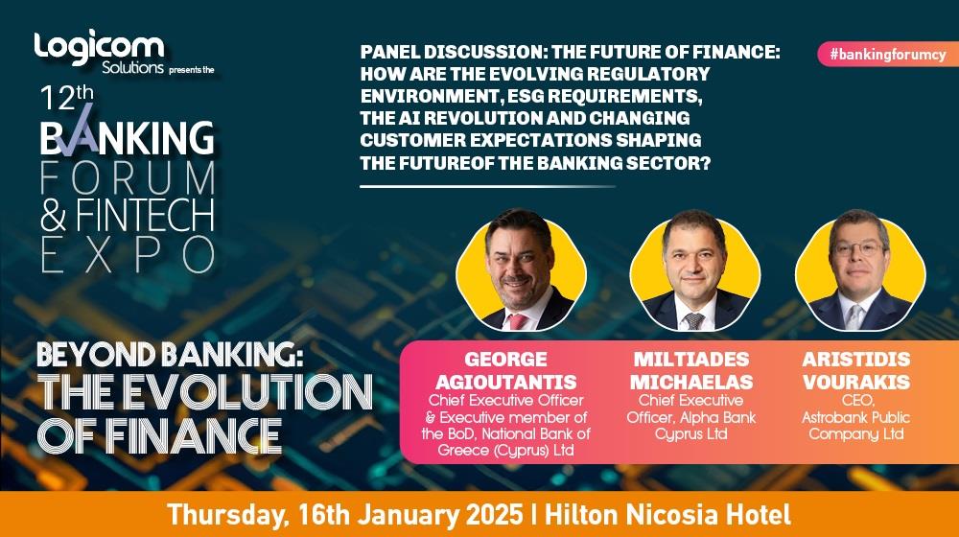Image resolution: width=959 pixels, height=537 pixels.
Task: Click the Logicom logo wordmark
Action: click(x=99, y=47)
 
